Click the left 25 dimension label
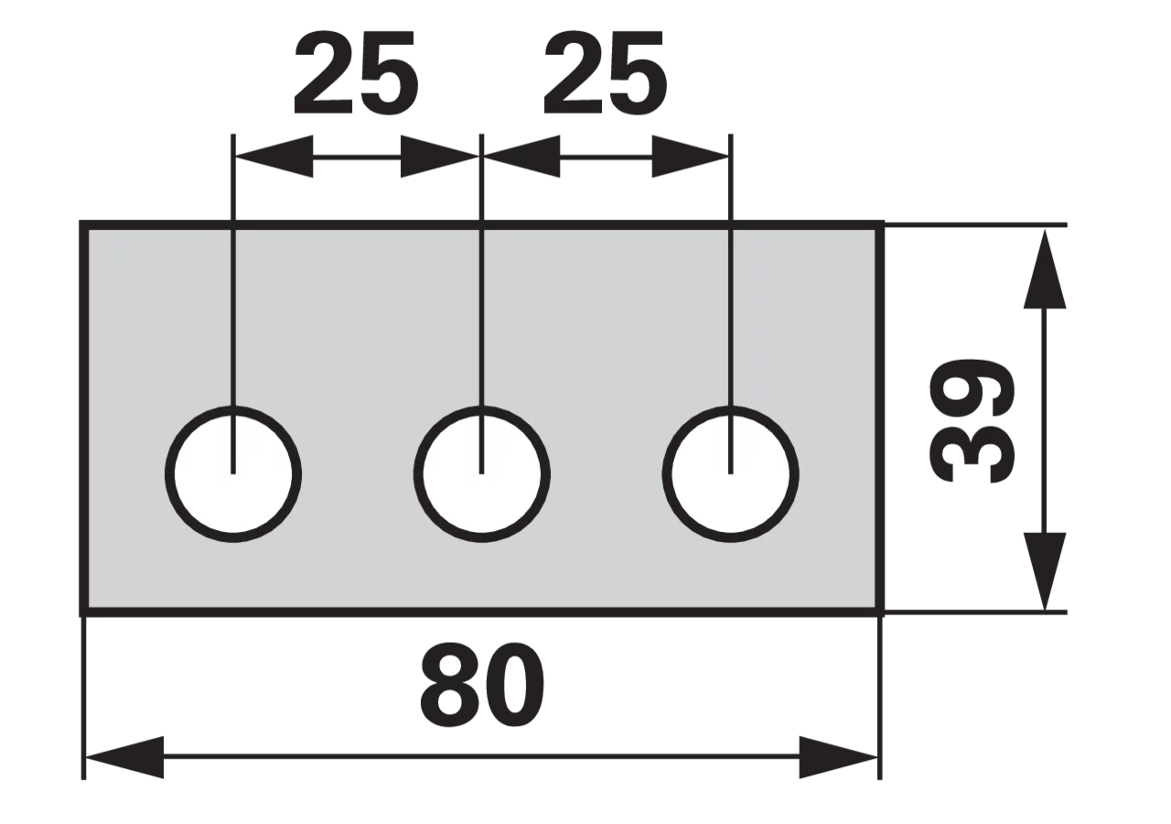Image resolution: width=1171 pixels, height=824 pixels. point(356,72)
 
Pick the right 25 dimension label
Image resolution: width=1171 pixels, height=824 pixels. point(605,72)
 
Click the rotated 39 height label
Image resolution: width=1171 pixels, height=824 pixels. point(972,420)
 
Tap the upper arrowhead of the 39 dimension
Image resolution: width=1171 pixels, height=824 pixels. point(1045,269)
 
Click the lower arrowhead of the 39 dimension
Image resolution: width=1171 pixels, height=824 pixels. point(1045,571)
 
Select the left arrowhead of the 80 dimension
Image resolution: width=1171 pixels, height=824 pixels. point(124,757)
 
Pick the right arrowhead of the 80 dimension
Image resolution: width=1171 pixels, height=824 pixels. point(839,757)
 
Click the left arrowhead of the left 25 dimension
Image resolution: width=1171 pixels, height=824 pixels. point(274,157)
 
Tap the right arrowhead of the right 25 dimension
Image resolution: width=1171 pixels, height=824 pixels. point(690,157)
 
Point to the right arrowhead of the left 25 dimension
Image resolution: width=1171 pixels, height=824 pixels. point(439,157)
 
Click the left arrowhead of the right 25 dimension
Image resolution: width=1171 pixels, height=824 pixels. point(522,157)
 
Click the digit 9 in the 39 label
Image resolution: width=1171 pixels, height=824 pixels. point(972,389)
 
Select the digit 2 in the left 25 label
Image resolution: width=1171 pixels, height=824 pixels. point(324,72)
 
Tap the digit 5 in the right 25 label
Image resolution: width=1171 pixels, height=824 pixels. point(638,73)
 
